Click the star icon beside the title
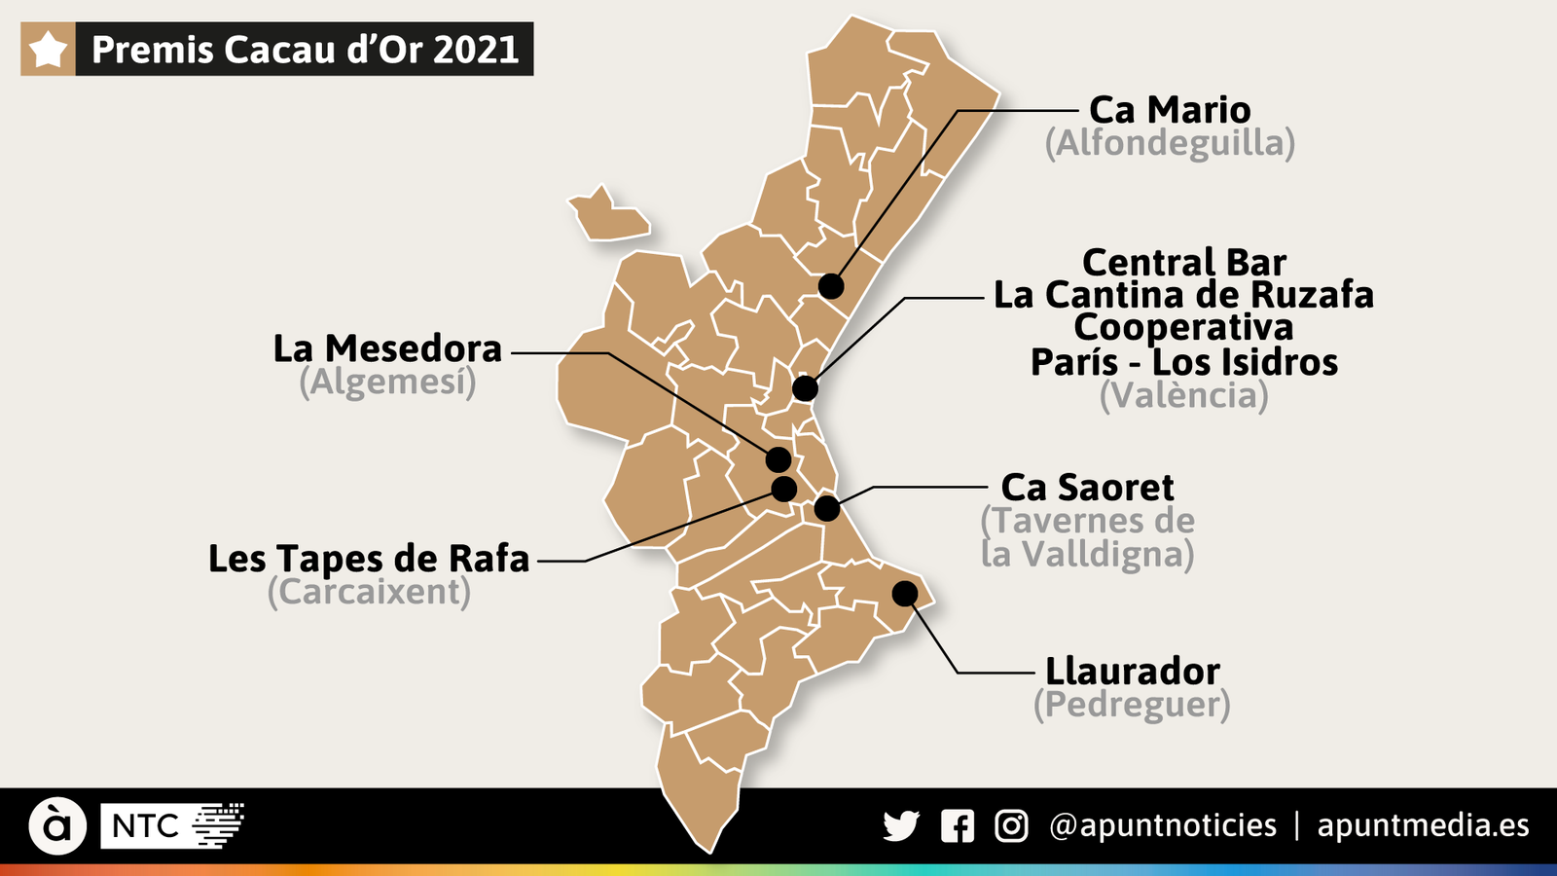point(48,49)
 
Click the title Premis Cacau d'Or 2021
point(305,50)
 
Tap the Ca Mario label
point(1170,110)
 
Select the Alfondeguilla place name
point(1170,143)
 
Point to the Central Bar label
point(1183,262)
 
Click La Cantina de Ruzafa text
point(1183,295)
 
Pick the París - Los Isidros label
point(1183,362)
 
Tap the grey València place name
point(1183,395)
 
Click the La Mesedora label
point(387,348)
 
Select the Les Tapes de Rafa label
point(369,559)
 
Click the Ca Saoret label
point(1087,487)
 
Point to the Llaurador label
point(1132,672)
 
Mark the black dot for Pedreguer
point(905,593)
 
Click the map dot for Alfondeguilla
point(831,286)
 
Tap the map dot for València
point(805,388)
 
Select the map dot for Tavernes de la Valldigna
point(827,508)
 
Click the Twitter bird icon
point(901,826)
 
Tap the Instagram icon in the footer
point(1011,826)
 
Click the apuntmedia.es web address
point(1423,825)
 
